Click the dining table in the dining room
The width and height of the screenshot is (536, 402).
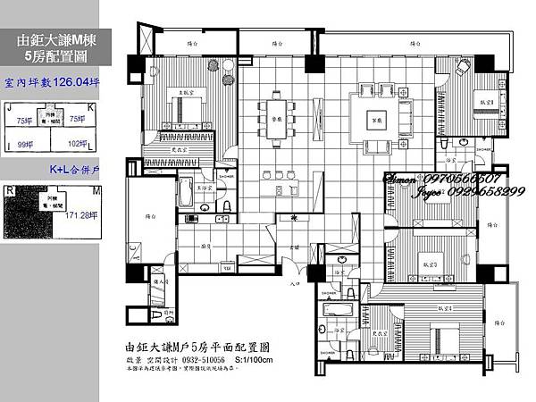(x=276, y=118)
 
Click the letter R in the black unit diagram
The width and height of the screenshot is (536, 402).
(x=9, y=189)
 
